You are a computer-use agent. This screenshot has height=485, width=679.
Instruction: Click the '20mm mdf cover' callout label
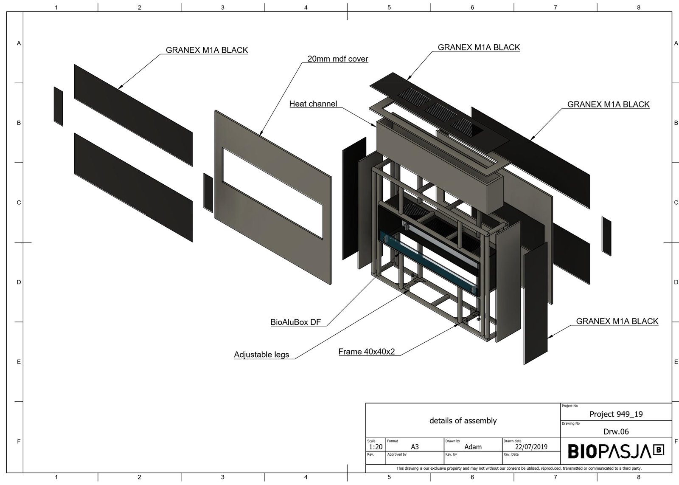tap(337, 59)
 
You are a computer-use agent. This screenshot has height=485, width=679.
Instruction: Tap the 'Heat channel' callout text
tap(313, 104)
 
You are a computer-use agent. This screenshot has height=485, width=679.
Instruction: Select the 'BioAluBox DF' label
tap(296, 322)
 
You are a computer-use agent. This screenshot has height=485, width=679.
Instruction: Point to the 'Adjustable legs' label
tap(261, 355)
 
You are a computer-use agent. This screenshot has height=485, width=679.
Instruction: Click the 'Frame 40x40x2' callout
tap(367, 352)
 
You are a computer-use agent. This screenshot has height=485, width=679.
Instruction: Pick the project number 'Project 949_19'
tap(616, 414)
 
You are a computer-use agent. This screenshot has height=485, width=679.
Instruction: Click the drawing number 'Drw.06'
tap(616, 431)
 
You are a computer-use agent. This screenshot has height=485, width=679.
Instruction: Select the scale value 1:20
tap(376, 447)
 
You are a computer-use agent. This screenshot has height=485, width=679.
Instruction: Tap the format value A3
tap(415, 447)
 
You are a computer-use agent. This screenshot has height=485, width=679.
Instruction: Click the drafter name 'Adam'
tap(473, 447)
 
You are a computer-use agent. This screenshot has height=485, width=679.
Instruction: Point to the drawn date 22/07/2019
tap(531, 447)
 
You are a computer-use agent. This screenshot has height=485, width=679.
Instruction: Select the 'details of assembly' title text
tap(463, 421)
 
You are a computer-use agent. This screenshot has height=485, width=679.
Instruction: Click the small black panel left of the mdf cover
tap(208, 192)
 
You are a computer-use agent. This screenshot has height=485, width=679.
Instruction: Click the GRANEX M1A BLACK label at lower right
tap(617, 321)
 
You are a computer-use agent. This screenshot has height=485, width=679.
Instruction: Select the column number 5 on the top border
tap(389, 7)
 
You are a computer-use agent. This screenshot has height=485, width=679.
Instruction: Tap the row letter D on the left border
tap(19, 282)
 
